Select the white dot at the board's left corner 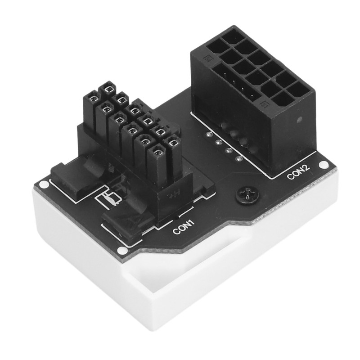pos(43,184)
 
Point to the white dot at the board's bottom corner pos(120,250)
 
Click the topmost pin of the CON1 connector pos(107,90)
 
